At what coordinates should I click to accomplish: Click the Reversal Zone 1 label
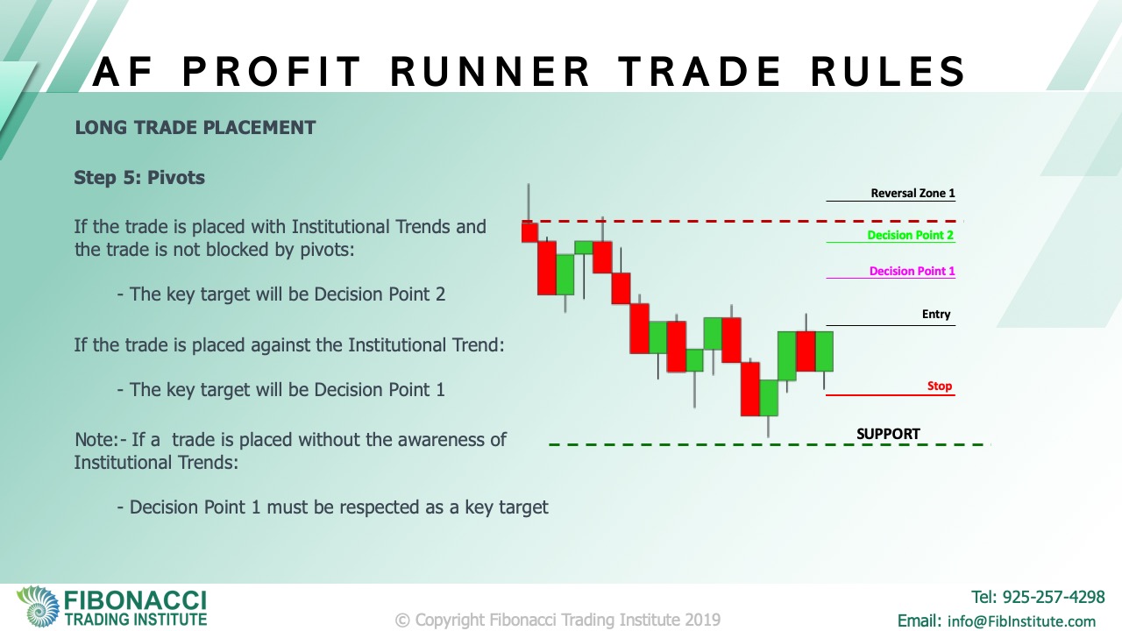[913, 194]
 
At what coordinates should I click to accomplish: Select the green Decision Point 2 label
[910, 236]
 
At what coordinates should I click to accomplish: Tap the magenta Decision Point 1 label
[913, 272]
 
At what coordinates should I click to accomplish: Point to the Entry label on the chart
[936, 314]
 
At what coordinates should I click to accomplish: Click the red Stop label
[939, 386]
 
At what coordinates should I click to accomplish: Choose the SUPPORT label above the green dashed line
[888, 434]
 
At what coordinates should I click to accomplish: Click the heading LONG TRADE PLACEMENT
[195, 128]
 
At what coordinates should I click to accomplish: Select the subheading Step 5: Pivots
[139, 177]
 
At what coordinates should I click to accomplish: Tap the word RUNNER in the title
[490, 72]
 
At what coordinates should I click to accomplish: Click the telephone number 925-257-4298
[1054, 597]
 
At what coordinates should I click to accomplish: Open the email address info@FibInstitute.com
[1021, 621]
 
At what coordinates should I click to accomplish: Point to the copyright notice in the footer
[557, 620]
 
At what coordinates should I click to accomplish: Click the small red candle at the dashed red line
[529, 232]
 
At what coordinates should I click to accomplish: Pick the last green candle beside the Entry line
[824, 351]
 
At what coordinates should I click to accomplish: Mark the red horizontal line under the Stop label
[891, 395]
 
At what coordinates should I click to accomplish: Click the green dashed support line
[770, 444]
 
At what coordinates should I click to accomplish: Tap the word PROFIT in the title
[272, 72]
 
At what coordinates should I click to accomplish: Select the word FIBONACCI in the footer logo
[135, 600]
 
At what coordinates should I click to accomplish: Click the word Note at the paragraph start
[96, 440]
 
